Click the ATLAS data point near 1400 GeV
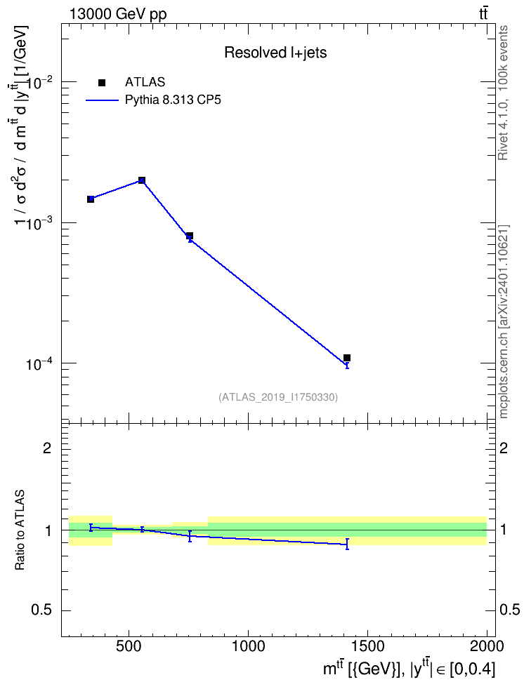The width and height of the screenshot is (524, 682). [347, 358]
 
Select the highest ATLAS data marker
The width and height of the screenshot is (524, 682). [142, 180]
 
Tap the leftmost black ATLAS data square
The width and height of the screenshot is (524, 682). [91, 199]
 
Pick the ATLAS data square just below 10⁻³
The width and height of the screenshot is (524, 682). [190, 236]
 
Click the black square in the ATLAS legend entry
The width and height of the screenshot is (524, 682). [102, 83]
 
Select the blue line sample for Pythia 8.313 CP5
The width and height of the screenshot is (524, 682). [102, 100]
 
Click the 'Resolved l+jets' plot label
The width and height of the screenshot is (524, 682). [275, 53]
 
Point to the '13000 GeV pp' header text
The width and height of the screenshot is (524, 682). [117, 14]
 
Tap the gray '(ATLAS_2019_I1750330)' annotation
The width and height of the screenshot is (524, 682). [278, 396]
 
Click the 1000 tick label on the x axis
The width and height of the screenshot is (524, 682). [248, 647]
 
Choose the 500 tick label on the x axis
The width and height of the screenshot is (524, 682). [129, 647]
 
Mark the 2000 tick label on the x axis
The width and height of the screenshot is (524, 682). [487, 647]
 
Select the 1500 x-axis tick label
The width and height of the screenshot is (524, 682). [367, 647]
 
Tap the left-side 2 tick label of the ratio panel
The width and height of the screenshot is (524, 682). [48, 448]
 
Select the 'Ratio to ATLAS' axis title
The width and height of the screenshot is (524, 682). [20, 530]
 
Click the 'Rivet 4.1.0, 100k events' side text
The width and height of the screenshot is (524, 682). [504, 93]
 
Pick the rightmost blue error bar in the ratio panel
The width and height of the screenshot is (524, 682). [347, 544]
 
